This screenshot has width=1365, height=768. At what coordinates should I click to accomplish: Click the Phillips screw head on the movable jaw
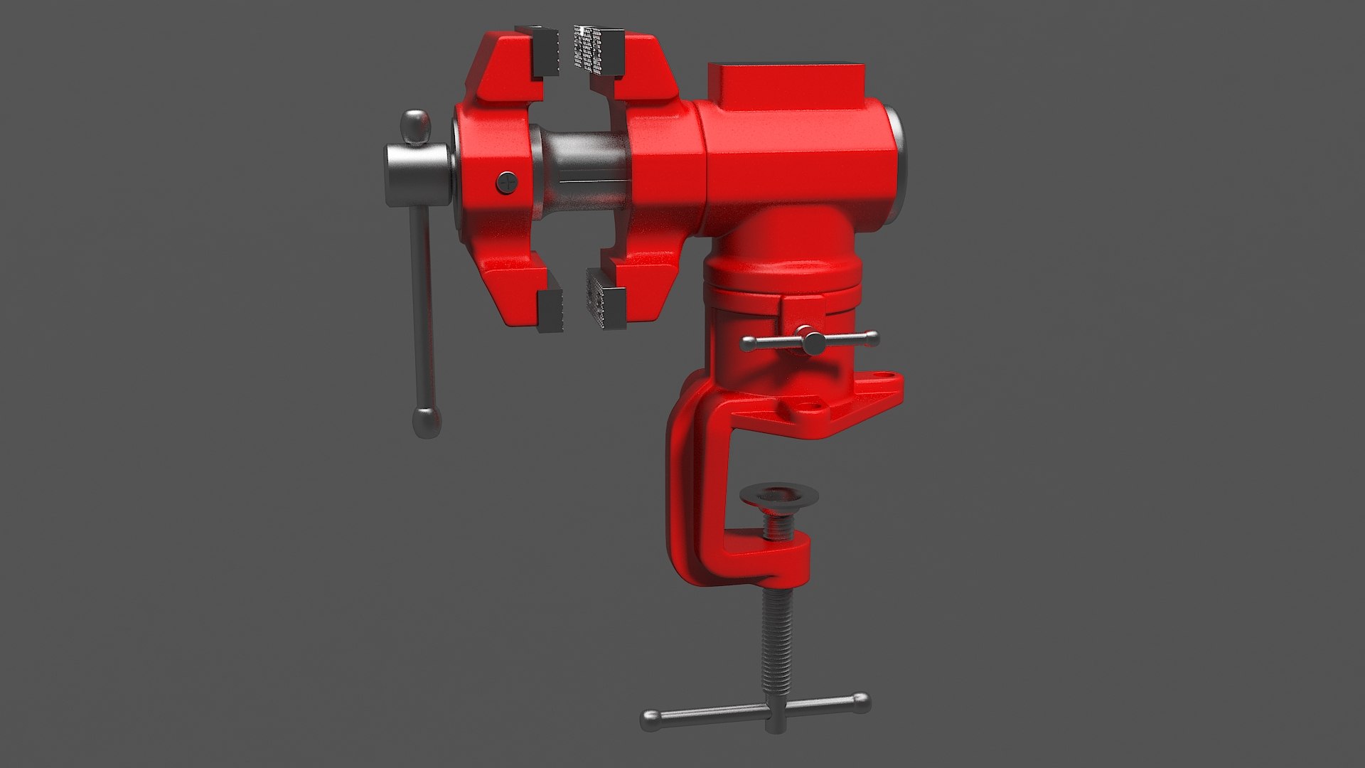507,182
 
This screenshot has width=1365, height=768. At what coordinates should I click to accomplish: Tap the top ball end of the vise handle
416,127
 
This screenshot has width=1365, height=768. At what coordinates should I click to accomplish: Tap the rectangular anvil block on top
786,84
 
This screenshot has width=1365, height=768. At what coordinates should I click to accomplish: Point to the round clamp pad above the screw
778,496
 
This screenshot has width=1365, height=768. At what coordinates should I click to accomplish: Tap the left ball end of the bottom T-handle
651,720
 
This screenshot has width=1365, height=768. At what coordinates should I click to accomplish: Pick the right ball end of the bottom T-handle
861,703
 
